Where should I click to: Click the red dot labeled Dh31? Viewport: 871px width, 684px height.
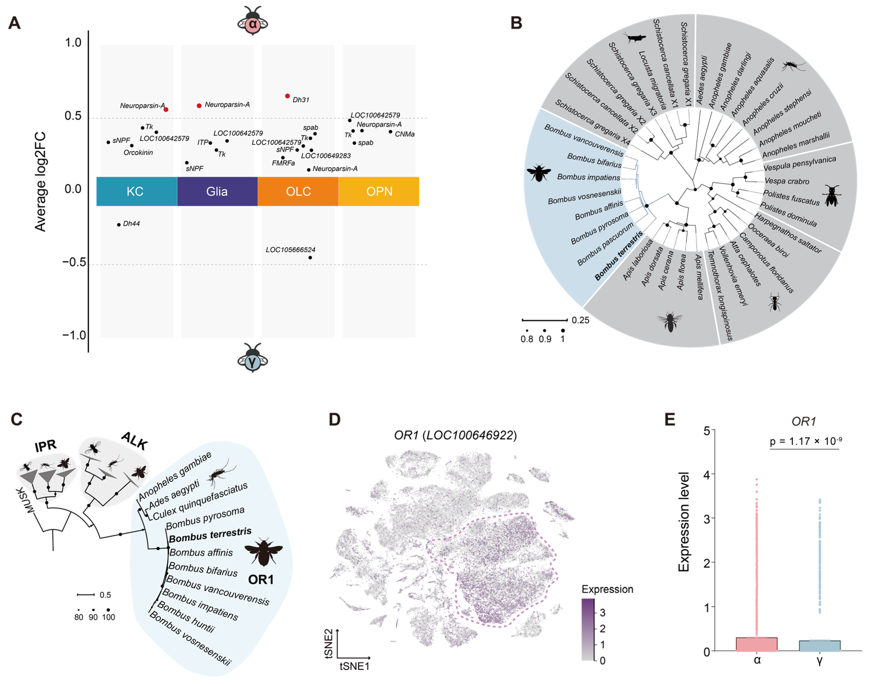coord(287,96)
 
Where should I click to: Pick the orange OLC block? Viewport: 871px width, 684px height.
coord(298,192)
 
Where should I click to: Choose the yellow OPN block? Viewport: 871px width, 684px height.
coord(379,192)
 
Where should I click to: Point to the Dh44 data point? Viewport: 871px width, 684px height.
coord(119,225)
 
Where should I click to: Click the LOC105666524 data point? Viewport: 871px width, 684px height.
coord(310,257)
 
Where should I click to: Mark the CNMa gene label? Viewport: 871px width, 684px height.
coord(404,134)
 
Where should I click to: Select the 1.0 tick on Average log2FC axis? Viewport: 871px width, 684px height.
coord(73,43)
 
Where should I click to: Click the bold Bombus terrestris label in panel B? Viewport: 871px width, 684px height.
coord(618,256)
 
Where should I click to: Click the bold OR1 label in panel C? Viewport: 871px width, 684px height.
coord(261,579)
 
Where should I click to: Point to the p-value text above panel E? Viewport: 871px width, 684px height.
coord(805,441)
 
